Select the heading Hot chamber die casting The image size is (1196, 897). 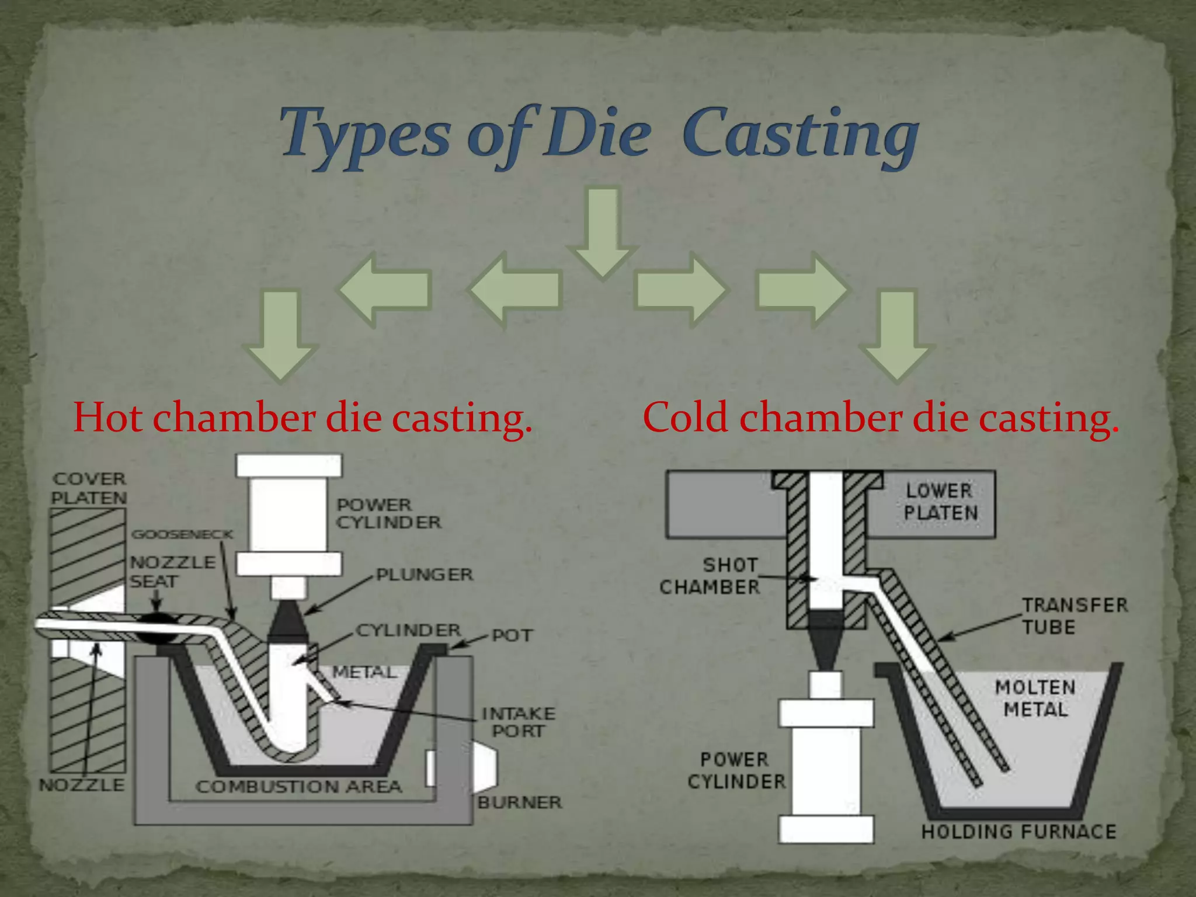click(303, 418)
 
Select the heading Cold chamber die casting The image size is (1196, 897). click(881, 418)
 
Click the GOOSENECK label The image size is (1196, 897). click(182, 534)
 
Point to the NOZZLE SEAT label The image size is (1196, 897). click(172, 572)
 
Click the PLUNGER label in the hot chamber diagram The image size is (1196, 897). click(425, 575)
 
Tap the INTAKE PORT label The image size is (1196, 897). click(518, 722)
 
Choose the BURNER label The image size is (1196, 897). click(520, 802)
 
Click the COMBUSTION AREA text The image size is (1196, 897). click(299, 787)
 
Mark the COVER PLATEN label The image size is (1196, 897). click(89, 488)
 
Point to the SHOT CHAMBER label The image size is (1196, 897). click(711, 576)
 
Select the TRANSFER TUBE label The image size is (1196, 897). click(1075, 616)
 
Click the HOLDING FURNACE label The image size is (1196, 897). click(1018, 832)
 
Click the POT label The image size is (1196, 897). click(512, 635)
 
